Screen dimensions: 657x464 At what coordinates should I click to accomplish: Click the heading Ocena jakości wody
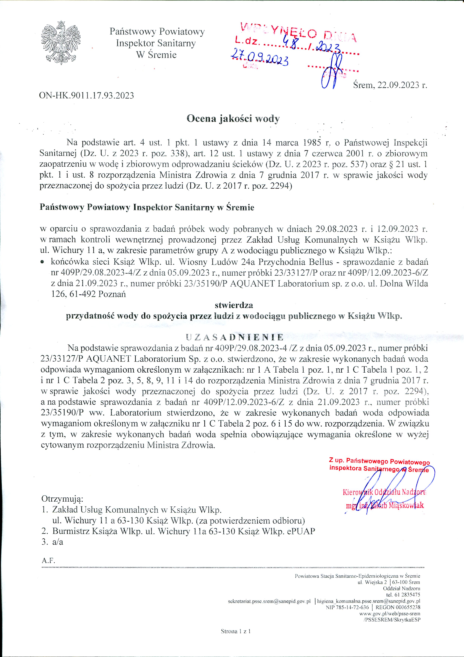233,119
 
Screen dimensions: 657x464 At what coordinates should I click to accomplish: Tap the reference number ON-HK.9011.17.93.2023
86,95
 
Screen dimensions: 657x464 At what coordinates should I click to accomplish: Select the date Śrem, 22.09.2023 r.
390,85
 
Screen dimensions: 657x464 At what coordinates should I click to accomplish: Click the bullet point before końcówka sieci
42,262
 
